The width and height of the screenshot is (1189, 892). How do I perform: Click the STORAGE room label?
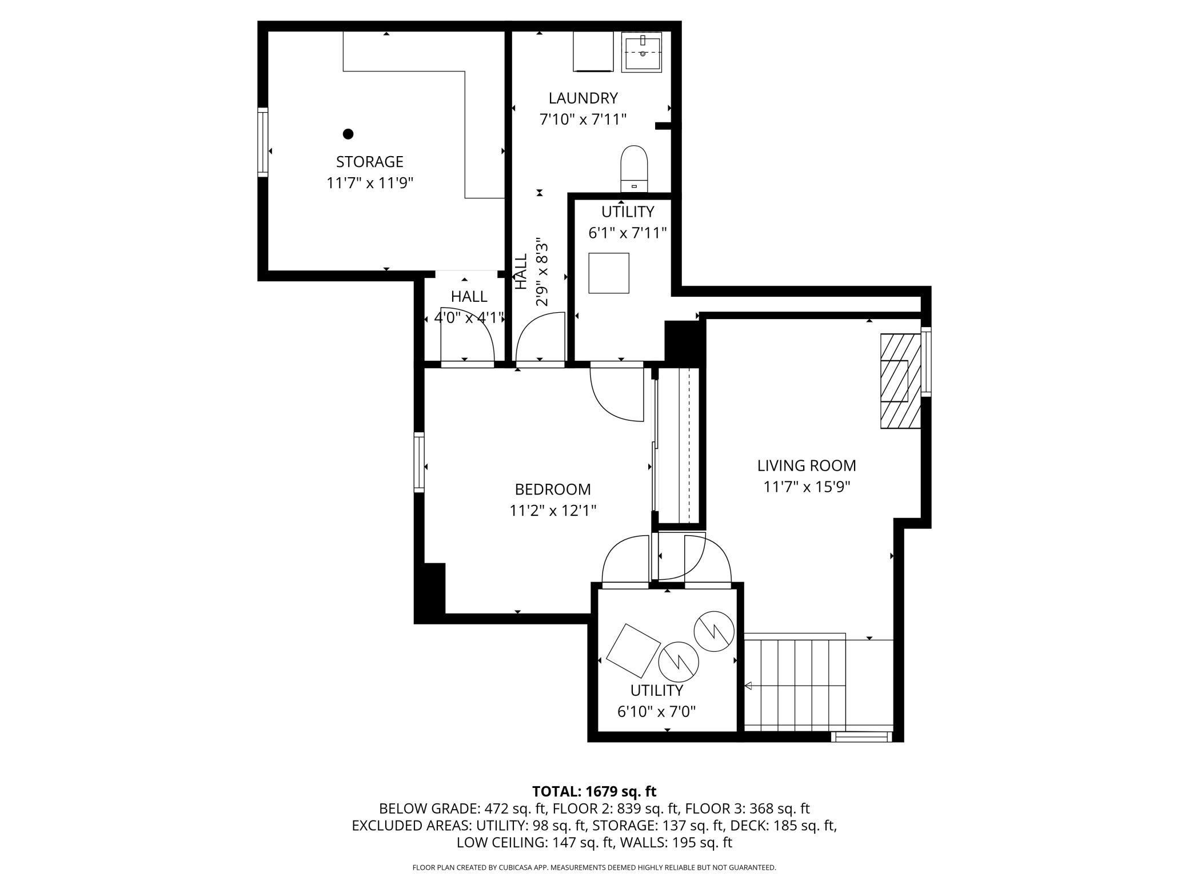tap(369, 161)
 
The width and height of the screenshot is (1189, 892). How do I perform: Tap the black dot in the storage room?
tap(348, 134)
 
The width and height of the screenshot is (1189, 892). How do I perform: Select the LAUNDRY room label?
tap(583, 98)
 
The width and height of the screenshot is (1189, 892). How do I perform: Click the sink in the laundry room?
tap(642, 52)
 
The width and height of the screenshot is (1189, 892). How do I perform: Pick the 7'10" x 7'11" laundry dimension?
tap(583, 120)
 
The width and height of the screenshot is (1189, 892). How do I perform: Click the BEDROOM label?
tap(553, 489)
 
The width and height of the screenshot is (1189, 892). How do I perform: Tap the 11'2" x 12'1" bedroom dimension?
tap(553, 511)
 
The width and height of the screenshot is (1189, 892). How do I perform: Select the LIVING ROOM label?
tap(807, 465)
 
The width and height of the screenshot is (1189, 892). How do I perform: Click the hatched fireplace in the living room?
tap(900, 381)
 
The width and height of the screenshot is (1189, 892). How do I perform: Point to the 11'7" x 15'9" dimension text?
tap(807, 487)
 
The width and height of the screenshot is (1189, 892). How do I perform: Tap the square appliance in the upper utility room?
tap(609, 273)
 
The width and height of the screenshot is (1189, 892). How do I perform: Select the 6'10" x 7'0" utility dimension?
tap(656, 712)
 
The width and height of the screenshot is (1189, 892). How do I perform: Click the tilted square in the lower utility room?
tap(632, 651)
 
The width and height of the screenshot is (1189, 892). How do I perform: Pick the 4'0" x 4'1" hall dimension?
tap(469, 317)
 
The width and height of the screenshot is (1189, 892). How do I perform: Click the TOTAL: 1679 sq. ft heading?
tap(594, 791)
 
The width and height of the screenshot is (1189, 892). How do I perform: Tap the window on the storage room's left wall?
tap(263, 142)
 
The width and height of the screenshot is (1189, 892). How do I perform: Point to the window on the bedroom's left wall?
tap(420, 463)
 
